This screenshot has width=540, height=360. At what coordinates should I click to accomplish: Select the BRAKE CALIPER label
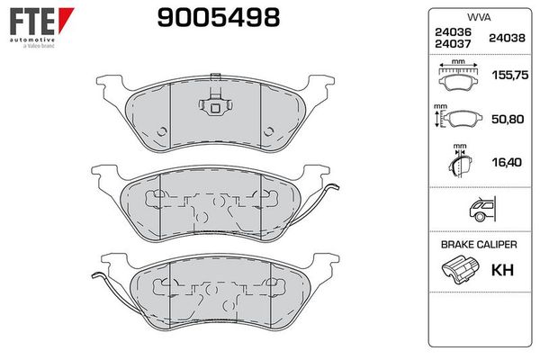(x=478, y=245)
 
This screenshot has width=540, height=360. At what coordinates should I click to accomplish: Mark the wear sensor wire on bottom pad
(x=106, y=288)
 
